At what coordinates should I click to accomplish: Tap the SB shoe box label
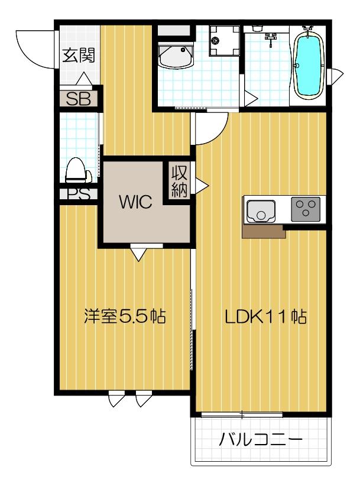coord(78,99)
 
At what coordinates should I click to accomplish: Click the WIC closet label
coord(135,202)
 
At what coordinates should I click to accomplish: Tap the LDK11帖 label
coord(265,317)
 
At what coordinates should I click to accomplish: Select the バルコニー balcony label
coord(261,440)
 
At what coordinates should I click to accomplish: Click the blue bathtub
coord(308,64)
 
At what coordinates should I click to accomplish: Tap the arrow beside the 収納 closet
coord(202,185)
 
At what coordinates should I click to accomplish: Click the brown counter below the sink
coord(264,231)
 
